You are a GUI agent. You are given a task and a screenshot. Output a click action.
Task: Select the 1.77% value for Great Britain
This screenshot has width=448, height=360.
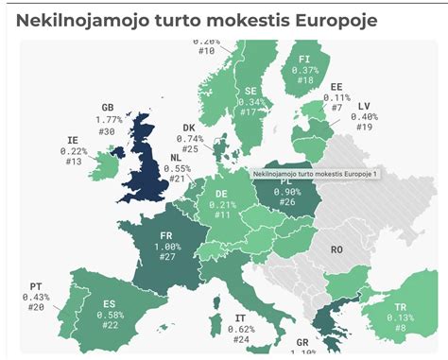110,120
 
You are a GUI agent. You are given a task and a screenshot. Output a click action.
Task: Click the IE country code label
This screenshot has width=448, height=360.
73,139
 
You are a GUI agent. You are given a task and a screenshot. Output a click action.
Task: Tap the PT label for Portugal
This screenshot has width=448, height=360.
35,285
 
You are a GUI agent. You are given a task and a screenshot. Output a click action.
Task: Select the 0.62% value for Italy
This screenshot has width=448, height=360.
242,328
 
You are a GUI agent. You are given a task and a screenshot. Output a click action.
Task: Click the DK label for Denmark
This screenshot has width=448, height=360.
190,128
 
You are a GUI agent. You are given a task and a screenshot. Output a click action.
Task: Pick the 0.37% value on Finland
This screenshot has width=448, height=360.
304,69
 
